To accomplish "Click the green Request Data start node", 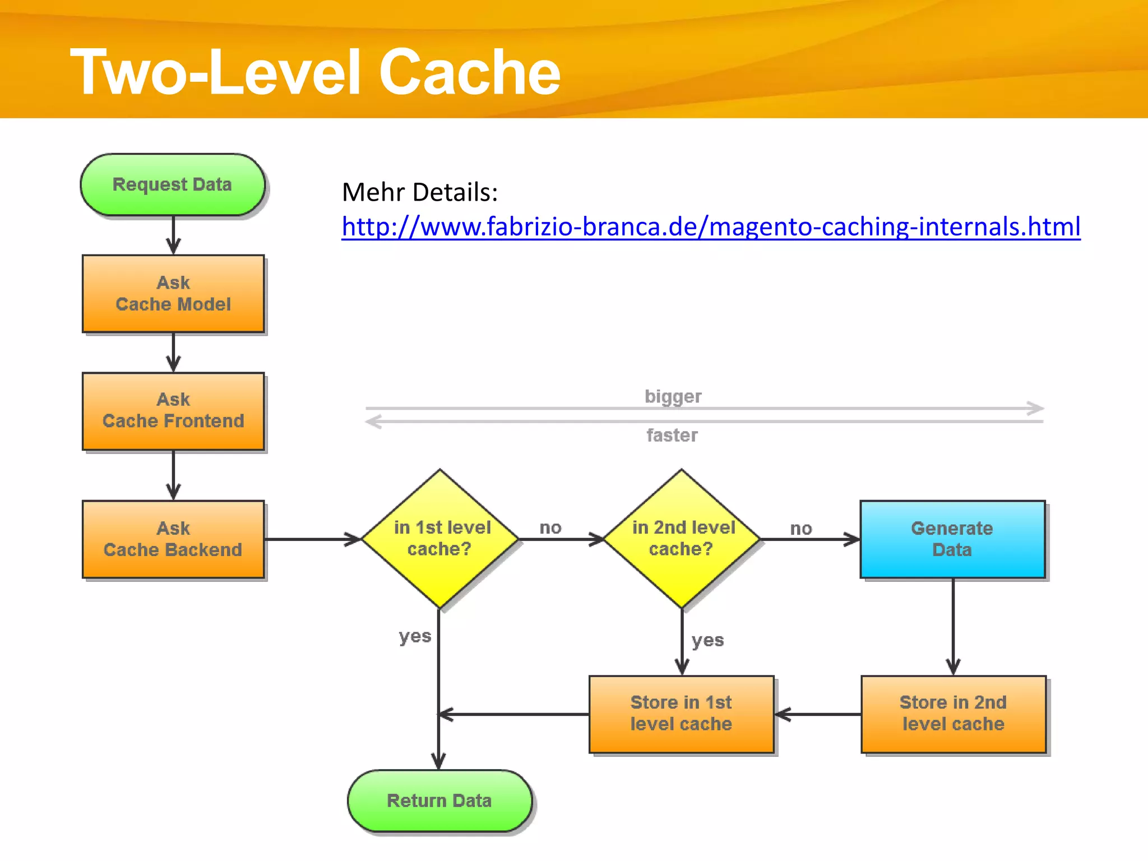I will (173, 185).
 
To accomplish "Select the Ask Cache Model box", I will (173, 294).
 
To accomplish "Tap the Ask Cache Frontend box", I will (173, 411).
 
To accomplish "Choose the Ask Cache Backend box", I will (173, 539).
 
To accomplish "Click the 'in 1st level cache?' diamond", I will (441, 539).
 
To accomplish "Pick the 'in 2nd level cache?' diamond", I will (682, 539).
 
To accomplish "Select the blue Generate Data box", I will (952, 539).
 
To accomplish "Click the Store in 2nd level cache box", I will (953, 714).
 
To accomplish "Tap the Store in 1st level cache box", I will (681, 714).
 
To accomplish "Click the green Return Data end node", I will (439, 800).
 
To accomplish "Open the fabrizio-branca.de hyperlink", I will (711, 227).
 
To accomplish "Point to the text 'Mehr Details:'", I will (420, 192).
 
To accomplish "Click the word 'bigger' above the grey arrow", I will (673, 396).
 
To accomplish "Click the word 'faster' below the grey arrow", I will (672, 435).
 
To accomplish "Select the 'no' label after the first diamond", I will (550, 527).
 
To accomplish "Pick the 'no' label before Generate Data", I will (801, 528).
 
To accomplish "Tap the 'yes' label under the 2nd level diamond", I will (707, 640).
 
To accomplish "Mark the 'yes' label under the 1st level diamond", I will (415, 636).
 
